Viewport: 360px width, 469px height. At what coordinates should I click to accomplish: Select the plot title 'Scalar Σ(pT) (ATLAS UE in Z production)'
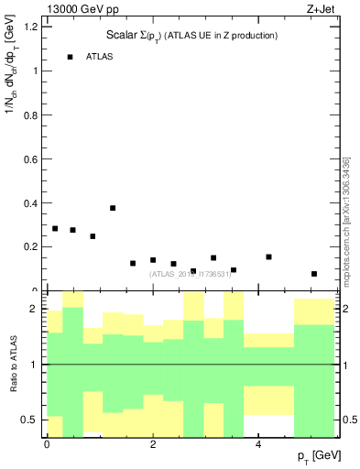[191, 36]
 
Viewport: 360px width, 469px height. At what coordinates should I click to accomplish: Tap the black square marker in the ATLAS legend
[70, 57]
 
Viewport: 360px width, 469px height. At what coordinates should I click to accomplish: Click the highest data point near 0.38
[113, 208]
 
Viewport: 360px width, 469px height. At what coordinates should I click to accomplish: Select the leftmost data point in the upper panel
[55, 229]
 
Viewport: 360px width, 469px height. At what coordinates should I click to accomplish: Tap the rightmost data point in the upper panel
[314, 274]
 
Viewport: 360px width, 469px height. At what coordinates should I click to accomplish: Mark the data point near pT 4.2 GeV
[268, 257]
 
